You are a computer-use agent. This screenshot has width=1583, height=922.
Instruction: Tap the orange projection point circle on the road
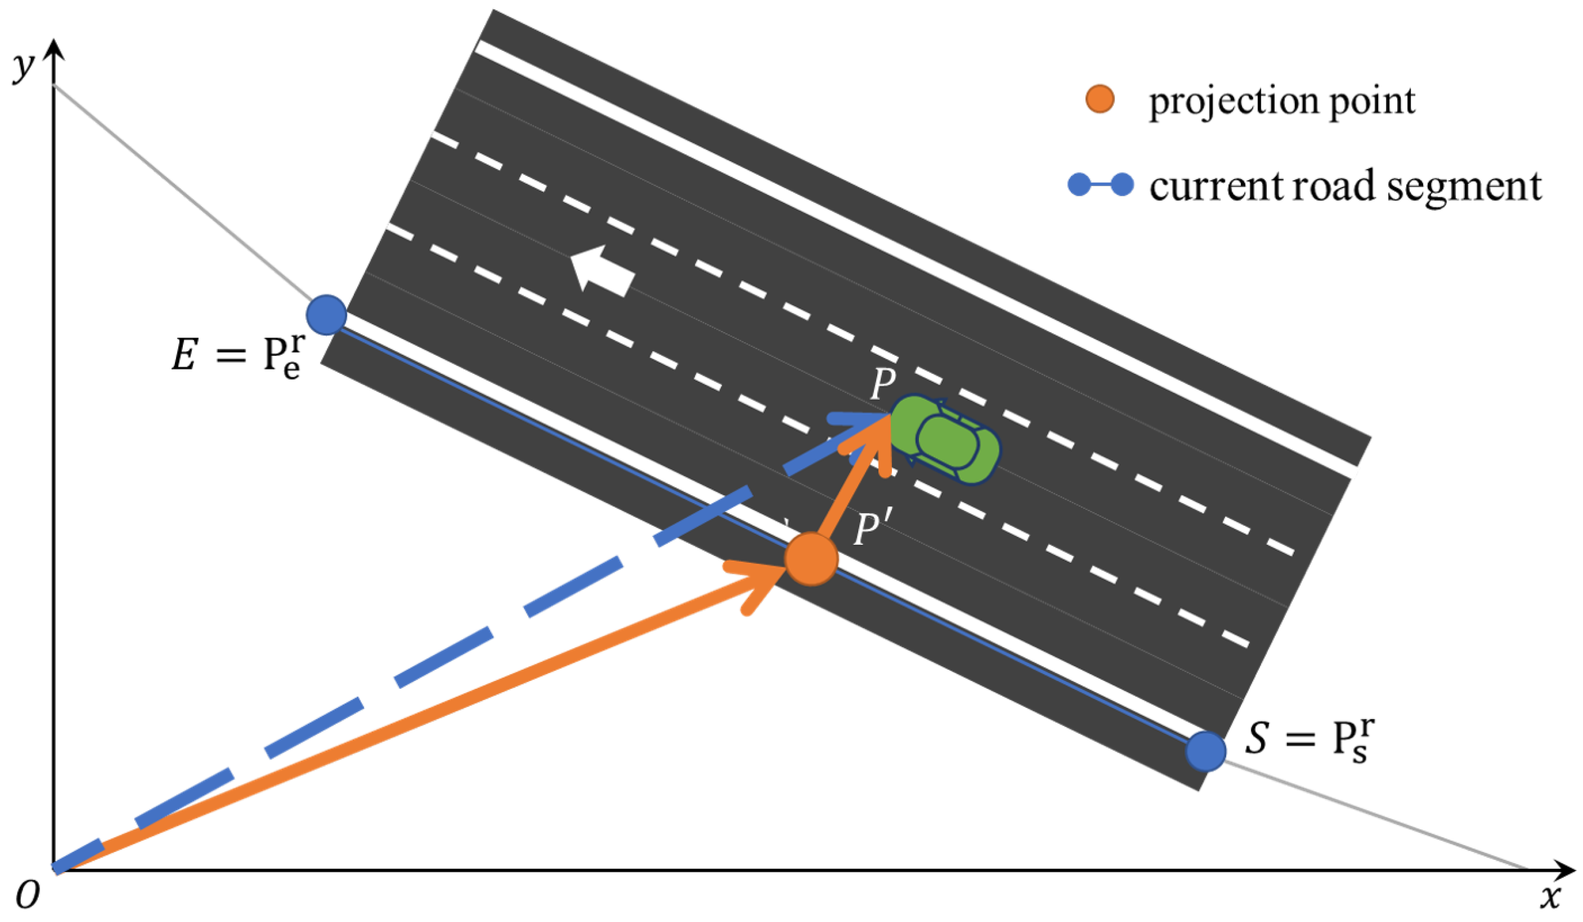811,558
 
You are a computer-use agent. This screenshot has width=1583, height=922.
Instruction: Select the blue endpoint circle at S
1206,751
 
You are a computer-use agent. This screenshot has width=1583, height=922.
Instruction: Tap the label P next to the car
883,383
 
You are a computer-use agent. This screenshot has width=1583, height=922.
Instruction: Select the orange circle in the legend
1099,99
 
